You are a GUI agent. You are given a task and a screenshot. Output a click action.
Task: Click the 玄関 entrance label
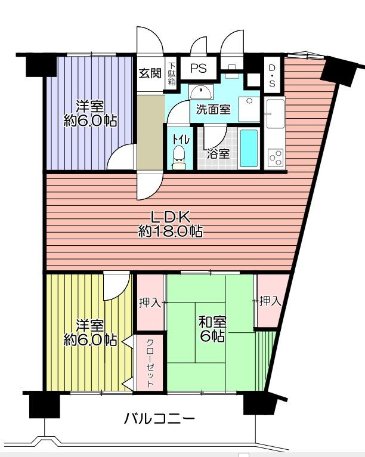point(150,73)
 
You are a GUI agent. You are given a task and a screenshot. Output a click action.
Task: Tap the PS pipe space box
point(199,68)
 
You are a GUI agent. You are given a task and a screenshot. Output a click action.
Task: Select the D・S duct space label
point(272,76)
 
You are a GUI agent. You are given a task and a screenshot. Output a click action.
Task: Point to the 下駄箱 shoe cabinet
point(172,74)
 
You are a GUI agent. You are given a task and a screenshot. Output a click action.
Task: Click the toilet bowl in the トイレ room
point(178,157)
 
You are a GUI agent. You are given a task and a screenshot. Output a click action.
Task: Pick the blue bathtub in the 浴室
point(249,149)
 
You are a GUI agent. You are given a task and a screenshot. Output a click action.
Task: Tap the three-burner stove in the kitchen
point(276,158)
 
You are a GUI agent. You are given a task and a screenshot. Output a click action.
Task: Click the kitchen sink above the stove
point(276,113)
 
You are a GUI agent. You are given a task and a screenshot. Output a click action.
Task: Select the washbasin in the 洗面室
point(201,92)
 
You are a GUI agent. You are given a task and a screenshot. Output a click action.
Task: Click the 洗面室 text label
point(214,109)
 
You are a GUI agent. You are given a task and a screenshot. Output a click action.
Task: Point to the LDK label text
point(171,217)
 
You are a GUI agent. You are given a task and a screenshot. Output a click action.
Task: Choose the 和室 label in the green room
point(212,322)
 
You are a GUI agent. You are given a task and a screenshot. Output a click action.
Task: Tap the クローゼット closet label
point(150,363)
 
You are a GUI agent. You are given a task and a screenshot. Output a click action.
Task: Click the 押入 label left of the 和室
point(150,303)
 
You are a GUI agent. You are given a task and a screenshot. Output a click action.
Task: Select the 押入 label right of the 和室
point(270,301)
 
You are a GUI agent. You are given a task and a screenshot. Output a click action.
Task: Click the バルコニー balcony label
point(159,419)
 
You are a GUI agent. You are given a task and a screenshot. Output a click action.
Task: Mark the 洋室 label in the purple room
point(90,106)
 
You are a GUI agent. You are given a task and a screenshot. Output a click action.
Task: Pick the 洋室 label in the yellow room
point(90,326)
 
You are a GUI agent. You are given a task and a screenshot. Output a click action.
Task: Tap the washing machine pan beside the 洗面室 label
point(249,109)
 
